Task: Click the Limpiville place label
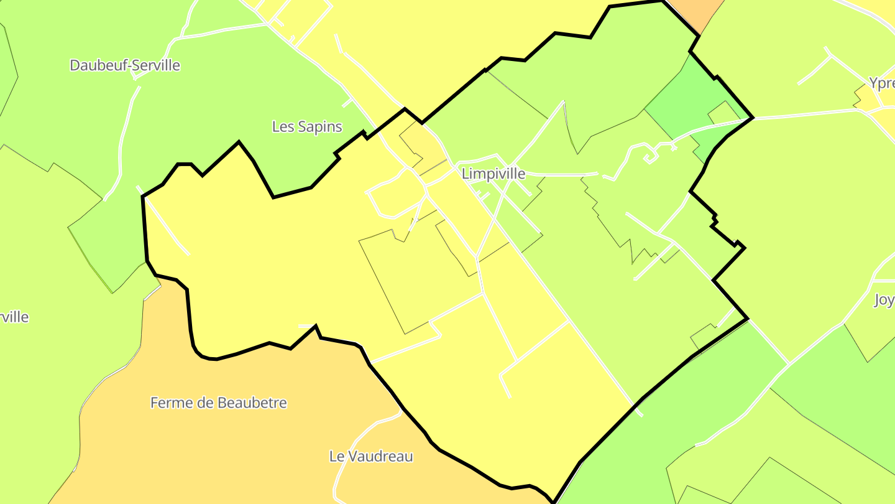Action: tap(493, 174)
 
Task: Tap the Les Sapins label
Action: tap(307, 127)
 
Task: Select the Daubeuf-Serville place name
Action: tap(125, 65)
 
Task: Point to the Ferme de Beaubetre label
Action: tap(219, 403)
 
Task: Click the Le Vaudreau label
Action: tap(371, 457)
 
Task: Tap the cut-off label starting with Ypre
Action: tap(881, 83)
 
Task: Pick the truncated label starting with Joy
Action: tap(884, 300)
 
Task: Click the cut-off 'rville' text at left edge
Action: tap(14, 317)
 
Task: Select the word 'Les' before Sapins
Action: tap(283, 127)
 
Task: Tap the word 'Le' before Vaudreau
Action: tap(336, 457)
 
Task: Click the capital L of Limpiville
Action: tap(465, 174)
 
